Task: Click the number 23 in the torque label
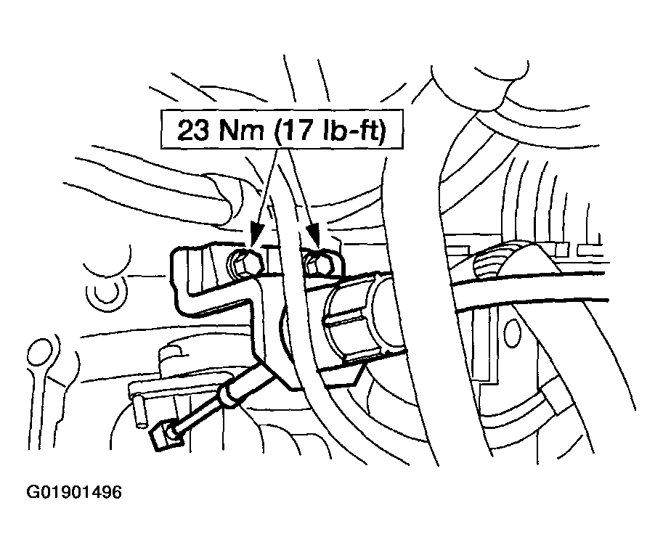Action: [192, 130]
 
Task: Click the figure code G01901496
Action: [74, 492]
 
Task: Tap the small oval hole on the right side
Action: [512, 335]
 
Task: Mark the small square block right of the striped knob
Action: [562, 250]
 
